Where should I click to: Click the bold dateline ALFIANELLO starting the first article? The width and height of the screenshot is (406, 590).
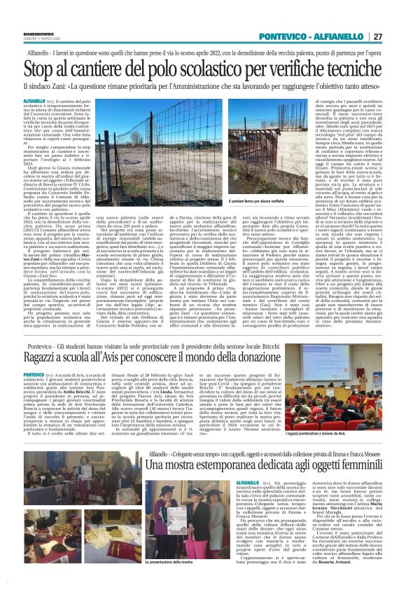tap(41, 102)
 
